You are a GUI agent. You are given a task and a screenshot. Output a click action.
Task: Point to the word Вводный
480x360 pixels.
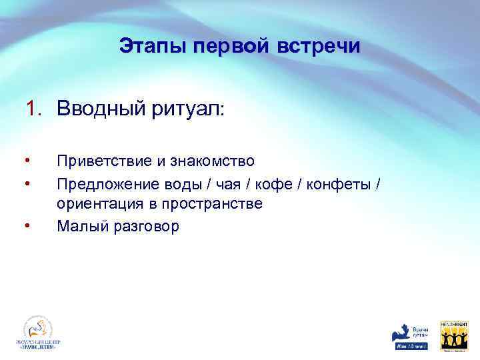point(97,108)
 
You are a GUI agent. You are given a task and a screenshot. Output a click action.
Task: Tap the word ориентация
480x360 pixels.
point(97,204)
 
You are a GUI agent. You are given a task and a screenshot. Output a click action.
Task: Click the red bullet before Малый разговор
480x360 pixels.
point(26,225)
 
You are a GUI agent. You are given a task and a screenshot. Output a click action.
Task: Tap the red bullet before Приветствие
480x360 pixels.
point(26,160)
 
